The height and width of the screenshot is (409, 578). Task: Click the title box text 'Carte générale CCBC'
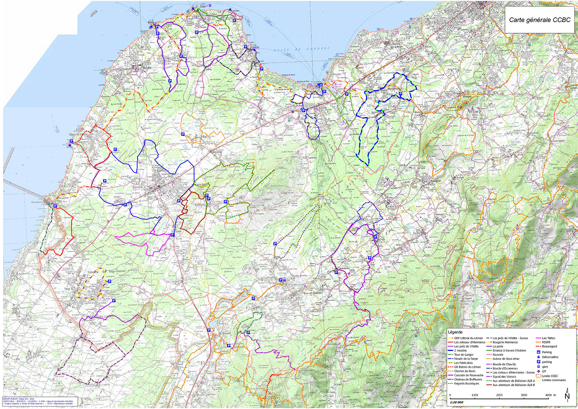click(540, 20)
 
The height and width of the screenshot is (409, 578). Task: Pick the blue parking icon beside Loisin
click(172, 234)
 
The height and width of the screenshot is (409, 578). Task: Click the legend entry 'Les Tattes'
click(548, 338)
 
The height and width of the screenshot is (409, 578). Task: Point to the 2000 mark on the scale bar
click(499, 395)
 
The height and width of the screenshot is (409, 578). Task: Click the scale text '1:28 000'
click(457, 402)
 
